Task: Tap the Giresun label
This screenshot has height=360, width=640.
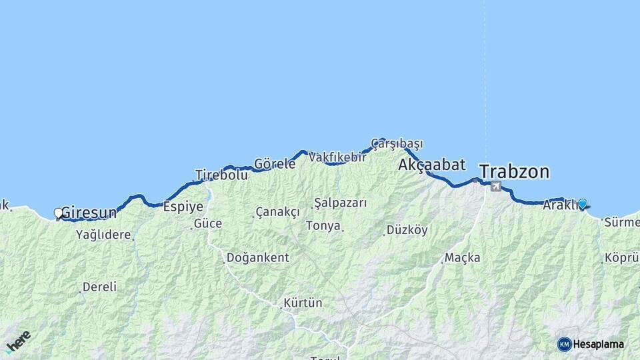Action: (x=89, y=213)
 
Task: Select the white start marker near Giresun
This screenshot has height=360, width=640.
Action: (x=58, y=213)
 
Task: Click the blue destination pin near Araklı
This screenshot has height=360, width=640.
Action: (x=582, y=204)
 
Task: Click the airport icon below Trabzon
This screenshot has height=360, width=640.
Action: (x=495, y=186)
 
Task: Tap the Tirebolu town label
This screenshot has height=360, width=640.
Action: (x=221, y=175)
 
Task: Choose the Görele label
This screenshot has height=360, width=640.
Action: (x=275, y=164)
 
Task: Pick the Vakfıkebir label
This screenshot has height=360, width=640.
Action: (x=337, y=157)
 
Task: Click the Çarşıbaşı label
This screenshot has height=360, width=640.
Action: (x=397, y=143)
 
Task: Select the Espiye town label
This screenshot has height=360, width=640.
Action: (x=183, y=207)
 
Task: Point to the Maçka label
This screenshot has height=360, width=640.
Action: (x=462, y=257)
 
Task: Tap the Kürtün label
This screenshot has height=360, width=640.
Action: (x=303, y=303)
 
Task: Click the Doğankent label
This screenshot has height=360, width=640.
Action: (x=257, y=257)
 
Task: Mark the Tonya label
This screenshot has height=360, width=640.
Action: (x=323, y=226)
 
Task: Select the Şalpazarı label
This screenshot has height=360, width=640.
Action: (x=341, y=203)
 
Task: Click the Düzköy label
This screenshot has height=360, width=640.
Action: (x=407, y=230)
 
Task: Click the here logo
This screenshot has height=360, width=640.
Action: (x=18, y=342)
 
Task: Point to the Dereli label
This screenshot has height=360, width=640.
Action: (x=99, y=287)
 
